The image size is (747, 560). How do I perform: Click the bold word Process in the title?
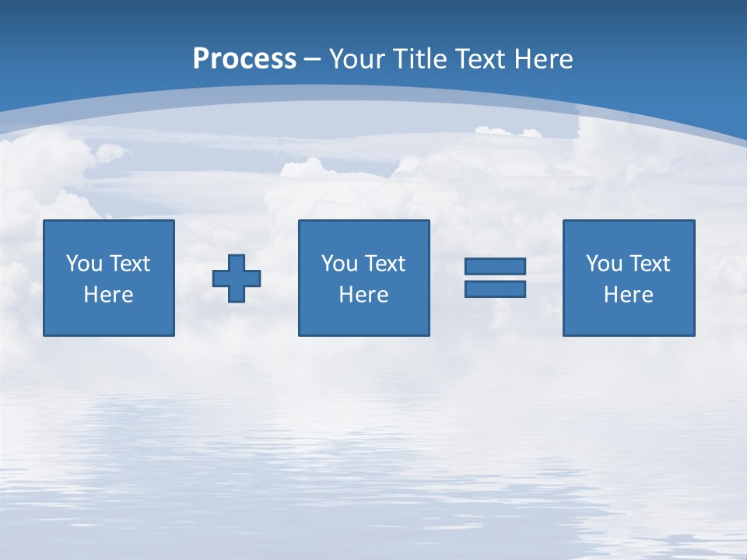coord(244,59)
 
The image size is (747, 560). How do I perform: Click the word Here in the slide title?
coord(544,59)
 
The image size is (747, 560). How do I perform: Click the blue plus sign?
coord(237,278)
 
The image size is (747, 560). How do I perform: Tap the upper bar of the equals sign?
coord(495,266)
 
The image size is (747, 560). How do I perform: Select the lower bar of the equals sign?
coord(495,289)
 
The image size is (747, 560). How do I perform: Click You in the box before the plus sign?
coord(83,264)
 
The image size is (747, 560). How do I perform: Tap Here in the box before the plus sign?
coord(108,295)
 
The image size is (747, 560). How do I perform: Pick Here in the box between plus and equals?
coord(363,295)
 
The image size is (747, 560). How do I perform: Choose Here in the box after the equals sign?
coord(628,295)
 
